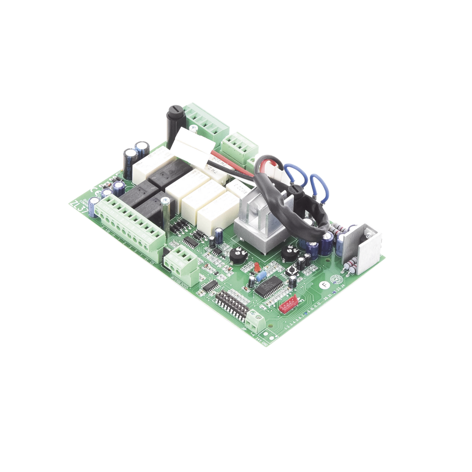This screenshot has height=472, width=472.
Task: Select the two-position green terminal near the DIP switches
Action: point(256,321)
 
